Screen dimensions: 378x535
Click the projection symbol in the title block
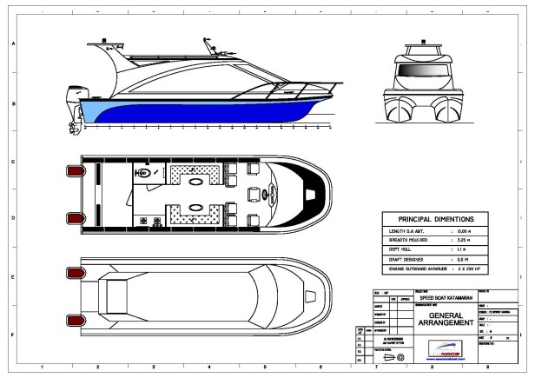point(400,355)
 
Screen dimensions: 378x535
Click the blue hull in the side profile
point(191,111)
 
